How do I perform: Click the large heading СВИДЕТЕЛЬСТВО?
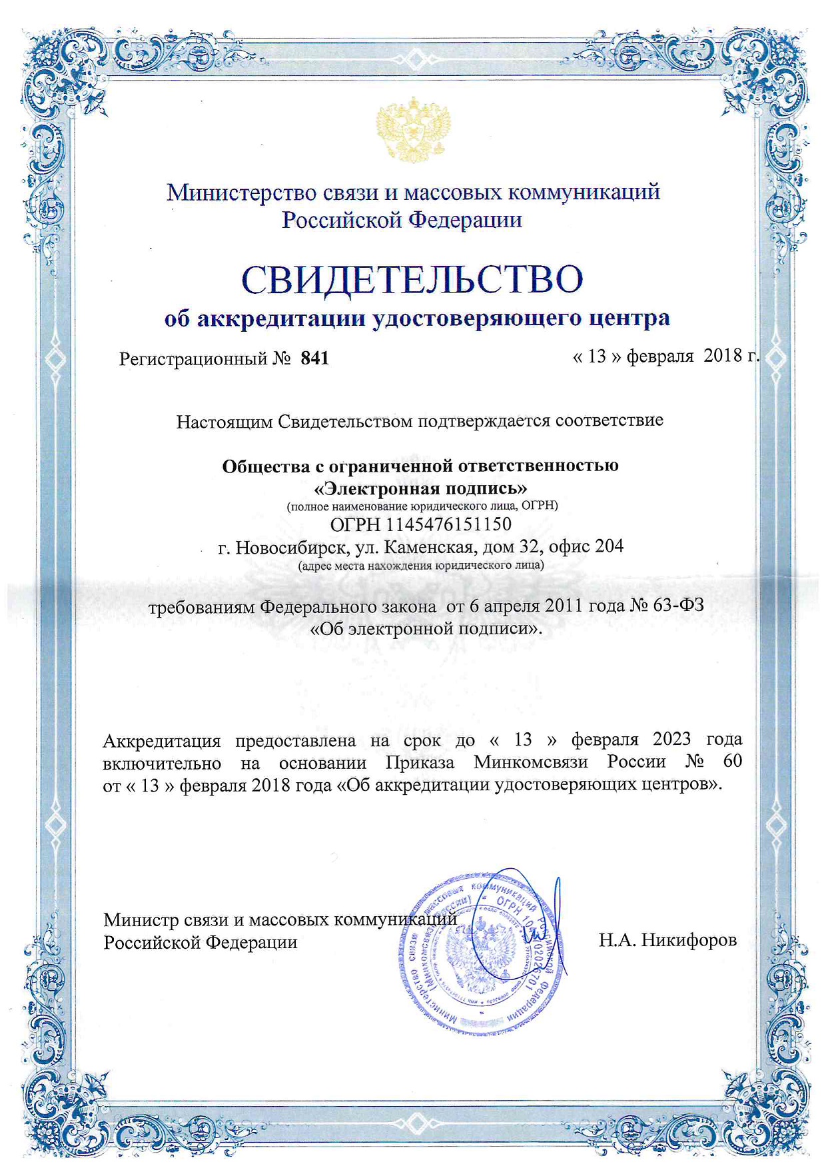412,279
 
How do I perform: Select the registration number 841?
315,358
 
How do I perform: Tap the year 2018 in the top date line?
723,356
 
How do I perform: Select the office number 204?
609,546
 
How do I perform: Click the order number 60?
731,762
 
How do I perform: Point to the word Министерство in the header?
241,193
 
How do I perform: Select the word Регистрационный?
193,359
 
